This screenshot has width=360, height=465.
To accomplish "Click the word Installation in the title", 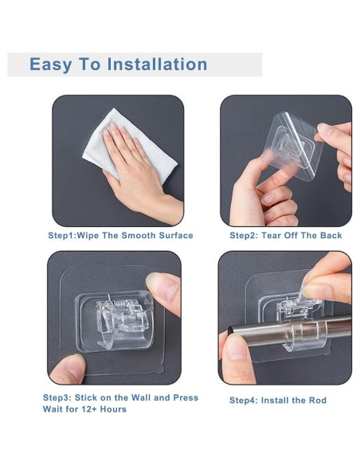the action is pyautogui.click(x=157, y=64).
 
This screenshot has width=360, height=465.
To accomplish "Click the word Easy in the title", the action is pyautogui.click(x=51, y=65).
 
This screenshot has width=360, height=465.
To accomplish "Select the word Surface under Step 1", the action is pyautogui.click(x=176, y=236).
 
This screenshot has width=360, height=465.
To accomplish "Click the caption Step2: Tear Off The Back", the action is pyautogui.click(x=286, y=236).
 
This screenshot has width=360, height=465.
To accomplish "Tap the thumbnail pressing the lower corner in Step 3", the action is pyautogui.click(x=73, y=367).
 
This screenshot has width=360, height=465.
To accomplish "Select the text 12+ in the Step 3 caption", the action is pyautogui.click(x=88, y=409).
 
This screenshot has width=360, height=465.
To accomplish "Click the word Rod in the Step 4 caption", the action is pyautogui.click(x=318, y=401).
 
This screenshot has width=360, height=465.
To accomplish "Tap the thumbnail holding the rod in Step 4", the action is pyautogui.click(x=236, y=346).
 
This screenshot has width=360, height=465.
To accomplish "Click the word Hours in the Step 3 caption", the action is pyautogui.click(x=113, y=409).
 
